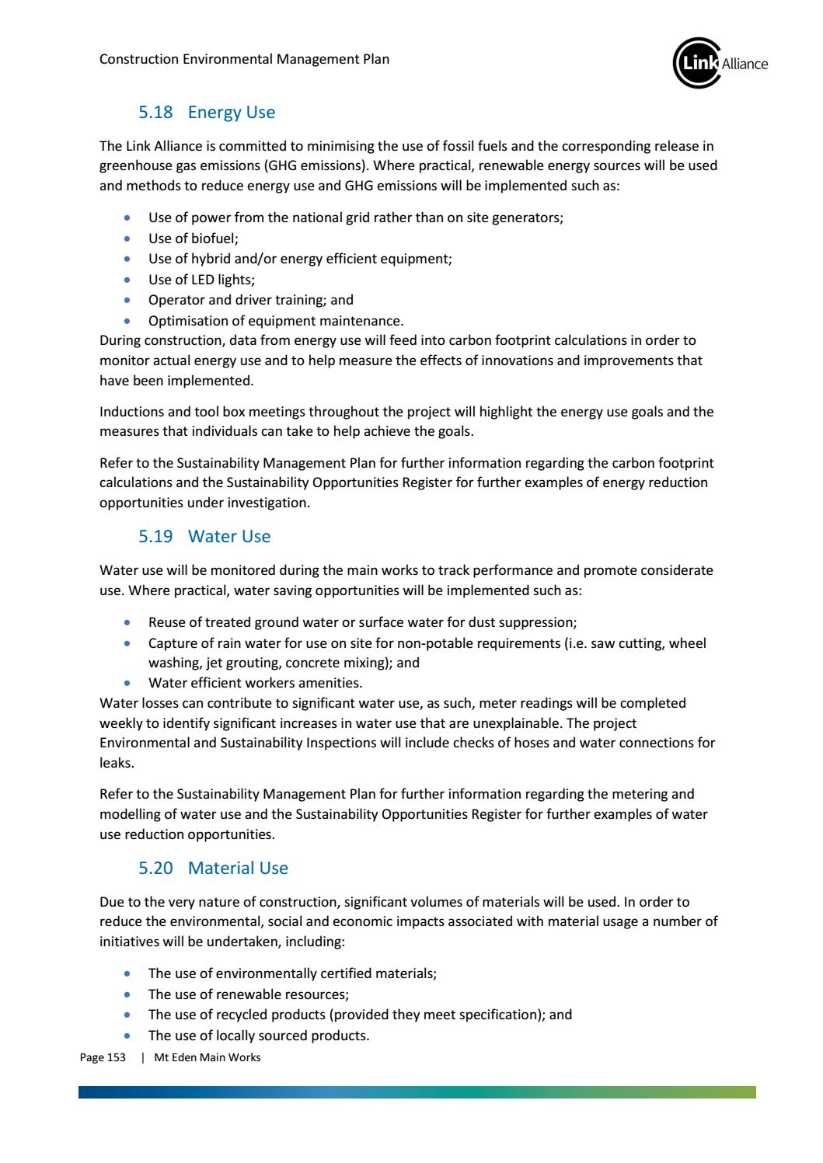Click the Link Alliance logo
[719, 63]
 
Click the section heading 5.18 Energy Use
[206, 113]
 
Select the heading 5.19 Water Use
[204, 536]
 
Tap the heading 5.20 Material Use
[212, 868]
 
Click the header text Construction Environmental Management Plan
[244, 59]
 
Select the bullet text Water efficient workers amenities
[255, 684]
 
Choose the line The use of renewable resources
[248, 994]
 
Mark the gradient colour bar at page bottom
[417, 1092]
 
